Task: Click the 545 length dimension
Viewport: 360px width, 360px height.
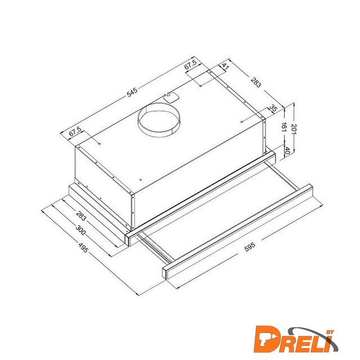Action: (x=132, y=92)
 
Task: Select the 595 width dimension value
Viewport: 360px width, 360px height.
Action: (x=250, y=247)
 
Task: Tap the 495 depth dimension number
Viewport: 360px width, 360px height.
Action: (x=83, y=247)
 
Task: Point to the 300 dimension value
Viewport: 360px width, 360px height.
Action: (x=80, y=230)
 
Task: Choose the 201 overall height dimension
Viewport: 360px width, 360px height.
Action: (x=294, y=129)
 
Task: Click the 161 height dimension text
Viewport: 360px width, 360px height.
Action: (x=284, y=127)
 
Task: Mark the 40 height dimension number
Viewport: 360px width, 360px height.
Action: (x=287, y=150)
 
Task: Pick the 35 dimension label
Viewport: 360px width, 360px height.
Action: (x=273, y=108)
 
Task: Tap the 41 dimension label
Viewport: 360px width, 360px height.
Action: (x=225, y=67)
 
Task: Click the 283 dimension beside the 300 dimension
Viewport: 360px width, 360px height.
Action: (x=81, y=216)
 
